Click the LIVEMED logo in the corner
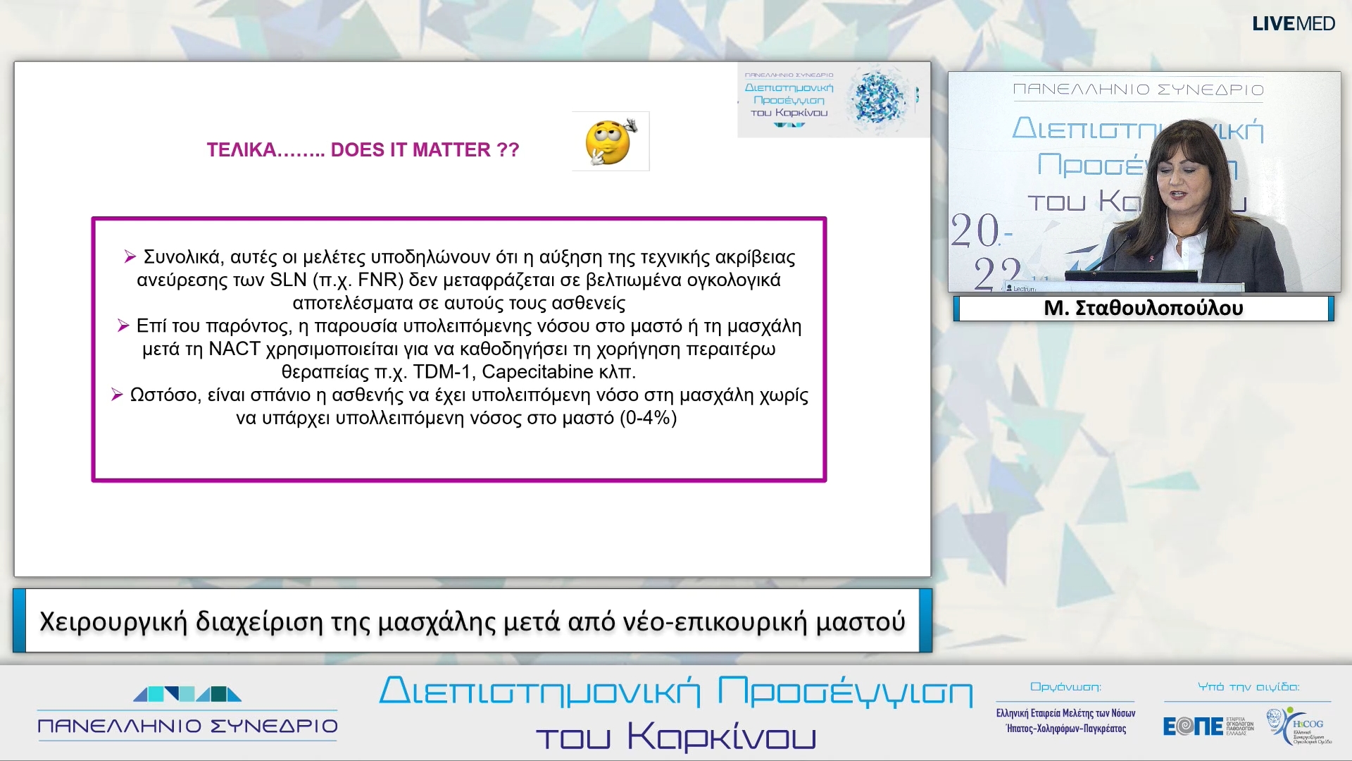tap(1293, 24)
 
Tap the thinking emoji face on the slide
tap(610, 142)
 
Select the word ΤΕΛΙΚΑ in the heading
tap(241, 150)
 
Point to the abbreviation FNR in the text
tap(380, 280)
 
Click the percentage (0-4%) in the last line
tap(648, 419)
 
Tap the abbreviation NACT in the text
tap(234, 349)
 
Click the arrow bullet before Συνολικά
tap(130, 257)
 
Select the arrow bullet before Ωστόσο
tap(118, 395)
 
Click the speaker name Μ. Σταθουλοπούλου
tap(1143, 309)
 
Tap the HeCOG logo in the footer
tap(1299, 726)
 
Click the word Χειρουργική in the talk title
tap(113, 622)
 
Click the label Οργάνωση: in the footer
tap(1065, 687)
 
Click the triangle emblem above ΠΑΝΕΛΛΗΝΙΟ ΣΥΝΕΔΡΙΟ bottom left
tap(187, 695)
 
